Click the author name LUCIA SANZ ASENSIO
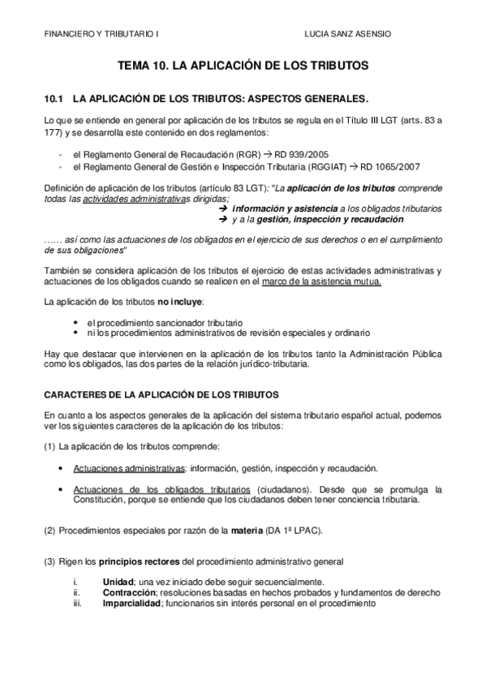pyautogui.click(x=348, y=34)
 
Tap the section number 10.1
pyautogui.click(x=54, y=100)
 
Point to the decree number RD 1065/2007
pyautogui.click(x=386, y=168)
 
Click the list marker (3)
pyautogui.click(x=49, y=561)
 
